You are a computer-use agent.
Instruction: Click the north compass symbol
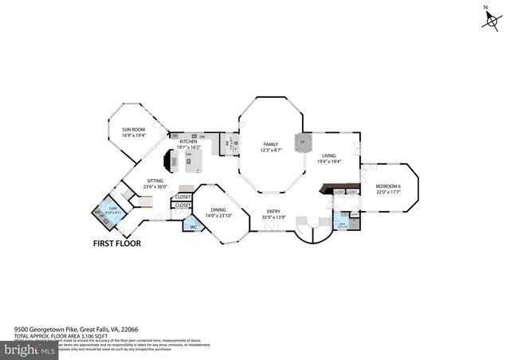[488, 19]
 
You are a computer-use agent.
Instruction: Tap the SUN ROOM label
[134, 129]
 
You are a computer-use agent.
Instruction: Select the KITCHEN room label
[188, 142]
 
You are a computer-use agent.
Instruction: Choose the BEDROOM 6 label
[387, 186]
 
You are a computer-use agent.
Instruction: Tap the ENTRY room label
[273, 212]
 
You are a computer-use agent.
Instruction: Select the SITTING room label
[155, 181]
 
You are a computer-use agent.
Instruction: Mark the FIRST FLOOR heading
[117, 244]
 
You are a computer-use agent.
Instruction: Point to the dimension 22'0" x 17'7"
[387, 191]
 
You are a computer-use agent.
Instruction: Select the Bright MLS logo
[29, 349]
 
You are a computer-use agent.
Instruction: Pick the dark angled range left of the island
[168, 161]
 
